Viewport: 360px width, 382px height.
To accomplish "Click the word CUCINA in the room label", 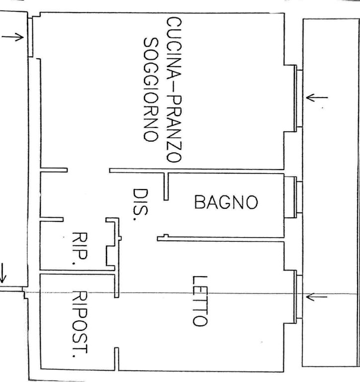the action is pyautogui.click(x=174, y=48).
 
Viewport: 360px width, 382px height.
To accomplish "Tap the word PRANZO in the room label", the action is pyautogui.click(x=174, y=129).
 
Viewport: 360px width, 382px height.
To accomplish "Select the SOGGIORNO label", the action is pyautogui.click(x=151, y=90).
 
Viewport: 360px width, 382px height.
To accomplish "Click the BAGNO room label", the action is pyautogui.click(x=226, y=202).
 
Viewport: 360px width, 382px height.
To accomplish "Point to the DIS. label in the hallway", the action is pyautogui.click(x=140, y=204).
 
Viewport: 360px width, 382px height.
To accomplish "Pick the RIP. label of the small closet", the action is pyautogui.click(x=80, y=248).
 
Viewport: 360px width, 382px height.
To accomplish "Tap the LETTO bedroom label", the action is pyautogui.click(x=200, y=301).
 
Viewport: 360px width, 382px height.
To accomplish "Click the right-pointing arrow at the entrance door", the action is pyautogui.click(x=12, y=37).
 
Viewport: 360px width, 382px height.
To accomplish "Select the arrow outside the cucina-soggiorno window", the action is pyautogui.click(x=317, y=97).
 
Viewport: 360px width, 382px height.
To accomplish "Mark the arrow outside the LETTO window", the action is pyautogui.click(x=316, y=297).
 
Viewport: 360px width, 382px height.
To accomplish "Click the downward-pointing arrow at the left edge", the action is pyautogui.click(x=2, y=273).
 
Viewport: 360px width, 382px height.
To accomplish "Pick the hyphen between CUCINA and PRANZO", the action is pyautogui.click(x=174, y=88).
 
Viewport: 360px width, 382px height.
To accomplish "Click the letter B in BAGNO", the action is pyautogui.click(x=200, y=202).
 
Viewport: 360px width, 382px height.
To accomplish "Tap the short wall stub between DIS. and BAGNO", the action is pyautogui.click(x=166, y=187).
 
